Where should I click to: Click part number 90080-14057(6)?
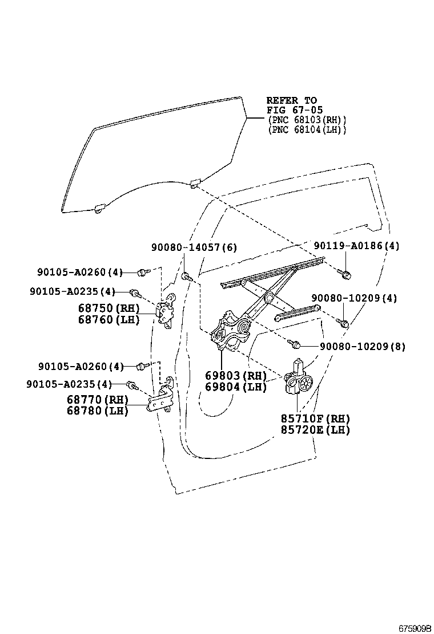click(194, 247)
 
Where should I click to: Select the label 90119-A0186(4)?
click(356, 246)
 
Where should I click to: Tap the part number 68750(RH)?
click(109, 308)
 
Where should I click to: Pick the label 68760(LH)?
click(109, 320)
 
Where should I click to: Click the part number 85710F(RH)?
click(315, 418)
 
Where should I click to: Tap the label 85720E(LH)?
click(315, 430)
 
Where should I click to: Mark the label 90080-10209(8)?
click(362, 346)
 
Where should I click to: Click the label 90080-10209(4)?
click(354, 298)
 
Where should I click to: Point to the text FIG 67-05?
click(291, 110)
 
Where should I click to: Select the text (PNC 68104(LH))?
click(307, 130)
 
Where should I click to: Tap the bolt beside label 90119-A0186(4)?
click(344, 273)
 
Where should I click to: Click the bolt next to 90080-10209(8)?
click(295, 344)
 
